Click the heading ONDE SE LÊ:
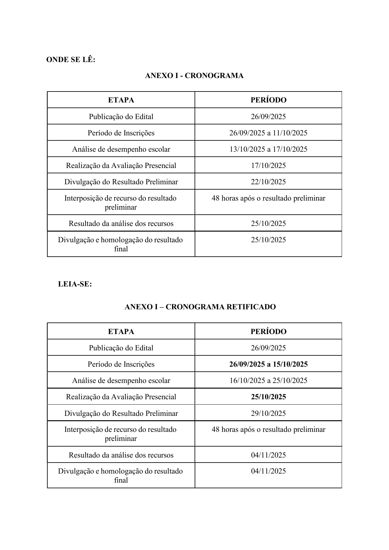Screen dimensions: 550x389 (71, 60)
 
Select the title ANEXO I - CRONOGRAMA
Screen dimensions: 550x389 (194, 76)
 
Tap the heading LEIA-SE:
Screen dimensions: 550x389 (75, 284)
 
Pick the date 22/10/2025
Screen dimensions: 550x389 (268, 182)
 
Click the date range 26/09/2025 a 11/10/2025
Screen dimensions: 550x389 (268, 133)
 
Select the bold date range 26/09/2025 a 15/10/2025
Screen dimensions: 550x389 (268, 364)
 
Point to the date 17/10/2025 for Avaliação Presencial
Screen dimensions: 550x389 (268, 165)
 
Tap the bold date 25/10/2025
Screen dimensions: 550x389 (268, 397)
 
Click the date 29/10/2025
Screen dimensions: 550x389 (268, 413)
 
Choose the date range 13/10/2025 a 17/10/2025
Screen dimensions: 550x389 (268, 149)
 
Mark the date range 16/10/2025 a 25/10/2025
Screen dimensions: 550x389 (268, 380)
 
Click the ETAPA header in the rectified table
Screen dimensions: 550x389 (121, 332)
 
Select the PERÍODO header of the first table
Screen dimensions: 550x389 (268, 100)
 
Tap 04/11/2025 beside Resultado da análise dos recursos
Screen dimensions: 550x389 (268, 455)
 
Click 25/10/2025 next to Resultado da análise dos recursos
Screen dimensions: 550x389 (268, 223)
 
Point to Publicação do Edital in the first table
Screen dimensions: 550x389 (121, 117)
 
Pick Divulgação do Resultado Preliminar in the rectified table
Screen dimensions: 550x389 (121, 413)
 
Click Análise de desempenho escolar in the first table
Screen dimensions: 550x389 (121, 149)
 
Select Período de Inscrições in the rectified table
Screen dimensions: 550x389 (121, 364)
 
